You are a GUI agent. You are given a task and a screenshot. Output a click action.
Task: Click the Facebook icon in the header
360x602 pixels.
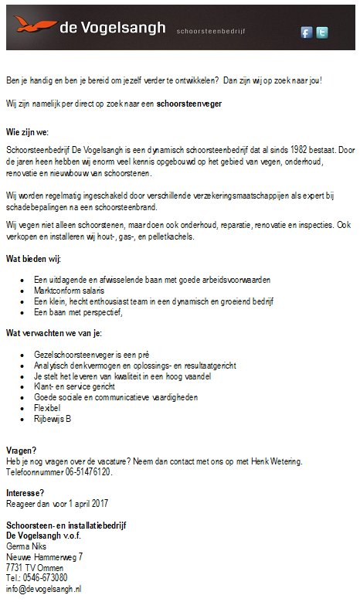click(306, 32)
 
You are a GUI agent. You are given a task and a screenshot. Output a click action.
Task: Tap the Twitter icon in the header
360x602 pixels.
click(321, 32)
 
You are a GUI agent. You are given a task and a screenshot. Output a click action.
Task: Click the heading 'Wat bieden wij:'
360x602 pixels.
click(33, 257)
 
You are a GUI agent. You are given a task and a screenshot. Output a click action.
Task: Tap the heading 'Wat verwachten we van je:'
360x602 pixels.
click(53, 332)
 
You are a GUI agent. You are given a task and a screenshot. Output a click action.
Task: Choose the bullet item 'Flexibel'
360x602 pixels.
click(48, 407)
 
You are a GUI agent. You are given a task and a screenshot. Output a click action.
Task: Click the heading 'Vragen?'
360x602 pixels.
click(21, 451)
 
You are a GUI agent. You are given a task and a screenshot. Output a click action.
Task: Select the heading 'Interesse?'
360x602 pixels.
click(25, 493)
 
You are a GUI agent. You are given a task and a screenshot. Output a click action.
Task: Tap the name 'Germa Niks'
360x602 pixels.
click(27, 546)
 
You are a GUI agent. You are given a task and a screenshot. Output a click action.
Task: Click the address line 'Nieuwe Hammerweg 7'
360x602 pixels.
click(44, 556)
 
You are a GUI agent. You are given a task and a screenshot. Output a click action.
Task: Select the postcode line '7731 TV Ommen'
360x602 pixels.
click(35, 567)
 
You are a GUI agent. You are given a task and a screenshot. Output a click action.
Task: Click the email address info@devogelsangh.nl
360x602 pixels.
click(44, 588)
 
